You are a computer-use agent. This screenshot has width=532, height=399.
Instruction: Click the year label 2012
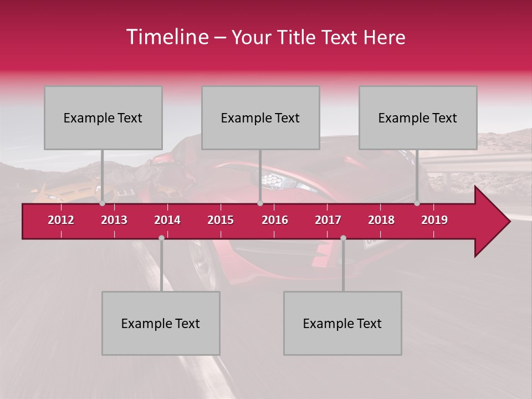pyautogui.click(x=61, y=220)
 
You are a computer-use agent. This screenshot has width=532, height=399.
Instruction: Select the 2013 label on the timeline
pyautogui.click(x=114, y=220)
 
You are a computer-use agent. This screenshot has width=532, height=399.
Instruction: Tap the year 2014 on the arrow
pyautogui.click(x=167, y=220)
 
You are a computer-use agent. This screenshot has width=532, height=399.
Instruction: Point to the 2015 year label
pyautogui.click(x=221, y=220)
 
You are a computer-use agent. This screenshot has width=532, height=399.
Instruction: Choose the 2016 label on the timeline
pyautogui.click(x=275, y=220)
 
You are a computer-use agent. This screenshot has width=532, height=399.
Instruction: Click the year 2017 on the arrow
pyautogui.click(x=328, y=220)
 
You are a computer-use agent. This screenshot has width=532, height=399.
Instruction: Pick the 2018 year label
pyautogui.click(x=381, y=220)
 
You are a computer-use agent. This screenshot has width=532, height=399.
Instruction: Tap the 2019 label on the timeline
pyautogui.click(x=434, y=220)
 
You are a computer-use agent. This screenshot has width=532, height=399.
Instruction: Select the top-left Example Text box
pyautogui.click(x=103, y=117)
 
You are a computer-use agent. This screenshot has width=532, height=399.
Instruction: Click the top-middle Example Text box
pyautogui.click(x=260, y=117)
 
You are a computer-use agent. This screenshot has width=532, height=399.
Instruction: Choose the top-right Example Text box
pyautogui.click(x=418, y=117)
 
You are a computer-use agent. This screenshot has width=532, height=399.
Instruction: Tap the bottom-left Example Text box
pyautogui.click(x=161, y=323)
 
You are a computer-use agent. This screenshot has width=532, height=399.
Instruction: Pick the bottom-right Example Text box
pyautogui.click(x=342, y=323)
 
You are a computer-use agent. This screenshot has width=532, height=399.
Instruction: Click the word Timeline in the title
pyautogui.click(x=166, y=37)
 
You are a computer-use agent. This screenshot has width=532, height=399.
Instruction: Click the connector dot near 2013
pyautogui.click(x=103, y=203)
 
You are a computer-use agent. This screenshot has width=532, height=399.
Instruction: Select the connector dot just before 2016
pyautogui.click(x=260, y=203)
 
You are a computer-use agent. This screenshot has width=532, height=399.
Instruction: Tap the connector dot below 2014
pyautogui.click(x=161, y=238)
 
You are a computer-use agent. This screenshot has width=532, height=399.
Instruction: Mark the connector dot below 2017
pyautogui.click(x=343, y=238)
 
